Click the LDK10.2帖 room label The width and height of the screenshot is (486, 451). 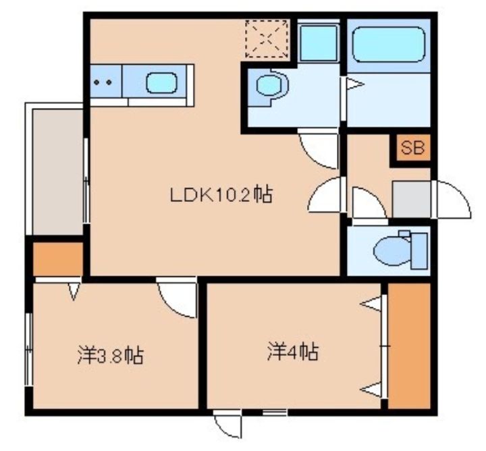pyautogui.click(x=221, y=194)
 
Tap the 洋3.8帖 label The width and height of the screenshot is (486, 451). pyautogui.click(x=110, y=356)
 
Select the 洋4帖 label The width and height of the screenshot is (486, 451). pyautogui.click(x=293, y=351)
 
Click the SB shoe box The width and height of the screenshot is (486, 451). pyautogui.click(x=412, y=148)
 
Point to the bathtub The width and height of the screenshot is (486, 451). pyautogui.click(x=389, y=45)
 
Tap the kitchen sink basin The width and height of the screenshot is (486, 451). pyautogui.click(x=161, y=83)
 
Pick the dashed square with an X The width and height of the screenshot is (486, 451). pyautogui.click(x=267, y=38)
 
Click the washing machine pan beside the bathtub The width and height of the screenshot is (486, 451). pyautogui.click(x=319, y=43)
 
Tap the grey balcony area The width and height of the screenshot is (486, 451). pyautogui.click(x=57, y=172)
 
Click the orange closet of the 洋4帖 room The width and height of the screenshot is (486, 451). pyautogui.click(x=409, y=346)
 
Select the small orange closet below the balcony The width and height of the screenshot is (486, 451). pyautogui.click(x=58, y=259)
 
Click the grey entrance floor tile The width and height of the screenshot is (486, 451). pyautogui.click(x=411, y=199)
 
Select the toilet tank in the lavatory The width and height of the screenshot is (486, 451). pyautogui.click(x=419, y=250)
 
